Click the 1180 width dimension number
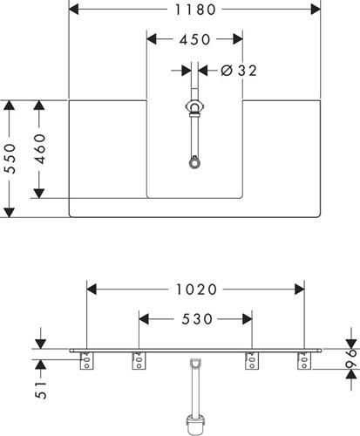[x=195, y=10]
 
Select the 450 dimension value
[x=194, y=39]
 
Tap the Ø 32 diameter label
[x=239, y=71]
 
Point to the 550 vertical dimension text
[x=10, y=159]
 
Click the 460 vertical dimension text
[x=40, y=149]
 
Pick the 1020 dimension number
[x=197, y=290]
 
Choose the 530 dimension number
[x=197, y=319]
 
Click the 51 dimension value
[x=41, y=390]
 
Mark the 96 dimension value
[x=351, y=358]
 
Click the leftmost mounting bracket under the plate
[x=86, y=361]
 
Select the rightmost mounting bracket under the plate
[x=304, y=361]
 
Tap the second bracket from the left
[x=139, y=361]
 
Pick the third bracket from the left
[x=252, y=361]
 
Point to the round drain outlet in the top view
[x=194, y=162]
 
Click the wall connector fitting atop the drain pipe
[x=194, y=107]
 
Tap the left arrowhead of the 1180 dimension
[x=74, y=10]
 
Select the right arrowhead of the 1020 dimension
[x=300, y=290]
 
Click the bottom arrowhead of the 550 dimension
[x=10, y=212]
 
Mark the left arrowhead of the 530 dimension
[x=144, y=319]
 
